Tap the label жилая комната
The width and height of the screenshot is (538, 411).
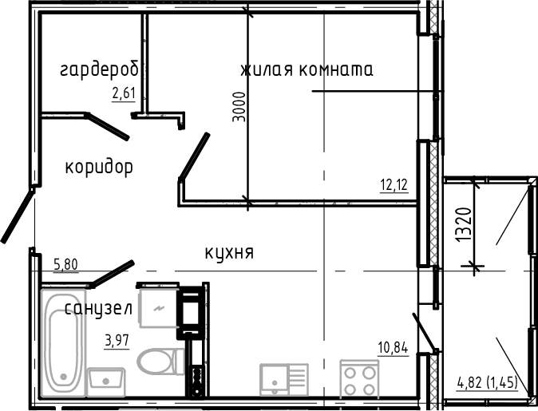pos(307,70)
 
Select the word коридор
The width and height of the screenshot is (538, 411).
pos(98,168)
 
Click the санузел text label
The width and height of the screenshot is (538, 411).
pos(98,308)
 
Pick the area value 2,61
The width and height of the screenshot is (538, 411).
pos(124,93)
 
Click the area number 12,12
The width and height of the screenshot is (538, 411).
pos(394,185)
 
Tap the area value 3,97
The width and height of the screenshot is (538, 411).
pos(118,342)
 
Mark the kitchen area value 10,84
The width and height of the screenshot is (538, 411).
pos(394,347)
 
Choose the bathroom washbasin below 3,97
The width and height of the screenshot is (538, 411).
pos(105,379)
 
